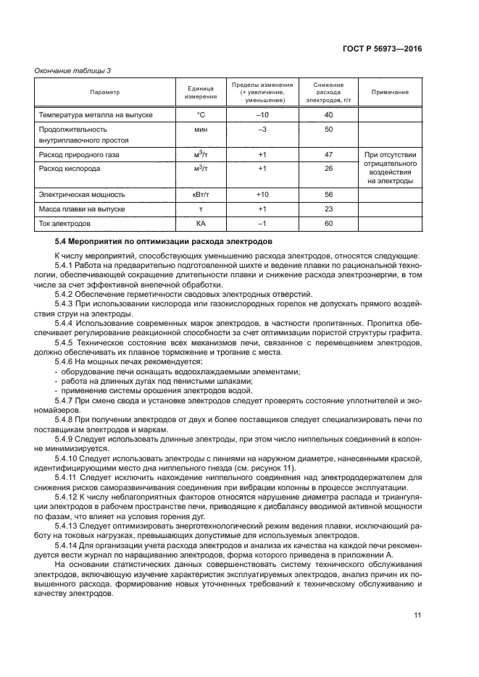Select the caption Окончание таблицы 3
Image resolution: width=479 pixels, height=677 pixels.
point(73,70)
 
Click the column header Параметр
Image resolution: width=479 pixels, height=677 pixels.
point(104,92)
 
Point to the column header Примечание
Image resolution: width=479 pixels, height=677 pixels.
point(390,92)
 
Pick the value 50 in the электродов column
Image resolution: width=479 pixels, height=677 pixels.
point(328,129)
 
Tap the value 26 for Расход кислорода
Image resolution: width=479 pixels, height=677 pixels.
point(328,168)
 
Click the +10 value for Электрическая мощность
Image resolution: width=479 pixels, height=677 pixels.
point(262,195)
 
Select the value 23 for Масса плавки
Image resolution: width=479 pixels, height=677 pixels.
point(328,209)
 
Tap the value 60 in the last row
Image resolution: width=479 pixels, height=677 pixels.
point(328,223)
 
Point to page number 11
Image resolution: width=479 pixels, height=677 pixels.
point(417,615)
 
